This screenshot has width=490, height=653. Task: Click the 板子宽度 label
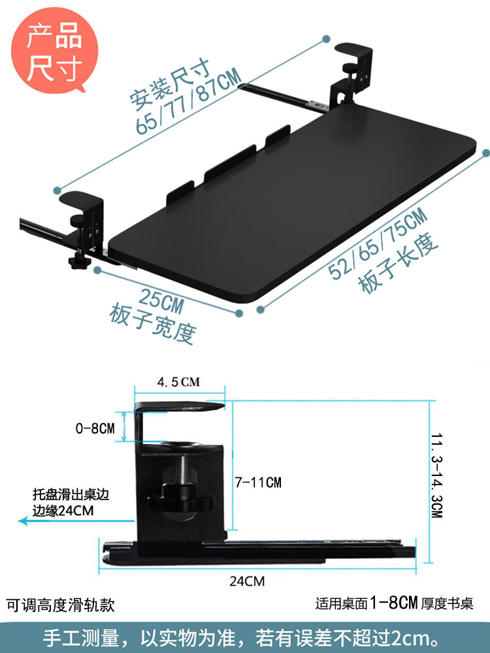point(152,321)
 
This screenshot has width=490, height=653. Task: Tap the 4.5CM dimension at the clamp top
point(178,382)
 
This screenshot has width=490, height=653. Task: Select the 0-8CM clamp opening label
point(95,429)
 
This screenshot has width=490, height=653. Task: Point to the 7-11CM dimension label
point(258,483)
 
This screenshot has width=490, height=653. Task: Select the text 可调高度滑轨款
point(60,606)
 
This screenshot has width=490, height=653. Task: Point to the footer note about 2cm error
point(244,637)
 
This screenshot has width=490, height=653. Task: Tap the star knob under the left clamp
point(76,264)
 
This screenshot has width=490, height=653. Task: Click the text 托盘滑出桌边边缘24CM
point(71,503)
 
